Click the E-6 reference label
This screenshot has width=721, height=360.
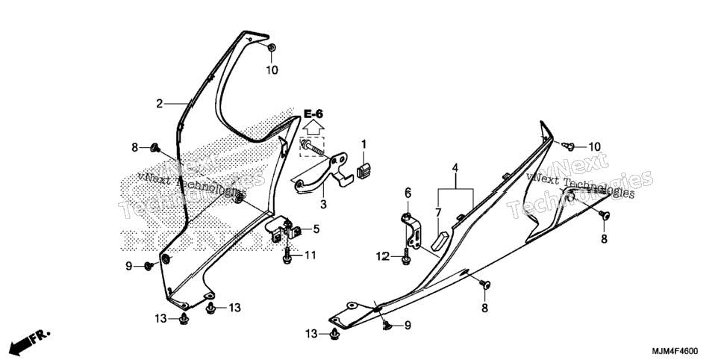pyautogui.click(x=313, y=114)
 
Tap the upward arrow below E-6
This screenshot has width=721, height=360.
pyautogui.click(x=313, y=128)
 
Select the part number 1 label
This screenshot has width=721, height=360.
pyautogui.click(x=363, y=145)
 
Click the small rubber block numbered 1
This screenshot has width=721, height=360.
pyautogui.click(x=363, y=170)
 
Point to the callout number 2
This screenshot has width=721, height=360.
pyautogui.click(x=160, y=104)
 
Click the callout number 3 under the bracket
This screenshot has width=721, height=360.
pyautogui.click(x=323, y=204)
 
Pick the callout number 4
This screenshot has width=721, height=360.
pyautogui.click(x=455, y=167)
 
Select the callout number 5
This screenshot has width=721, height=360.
pyautogui.click(x=316, y=229)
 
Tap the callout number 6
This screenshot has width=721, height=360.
pyautogui.click(x=408, y=193)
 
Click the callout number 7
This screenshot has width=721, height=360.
pyautogui.click(x=438, y=212)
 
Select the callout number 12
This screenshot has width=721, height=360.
pyautogui.click(x=383, y=256)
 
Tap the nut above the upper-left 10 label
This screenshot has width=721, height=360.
pyautogui.click(x=271, y=47)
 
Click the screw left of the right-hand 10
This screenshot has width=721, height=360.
pyautogui.click(x=568, y=146)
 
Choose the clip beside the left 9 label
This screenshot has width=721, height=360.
pyautogui.click(x=149, y=266)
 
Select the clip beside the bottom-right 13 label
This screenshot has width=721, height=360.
pyautogui.click(x=334, y=333)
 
